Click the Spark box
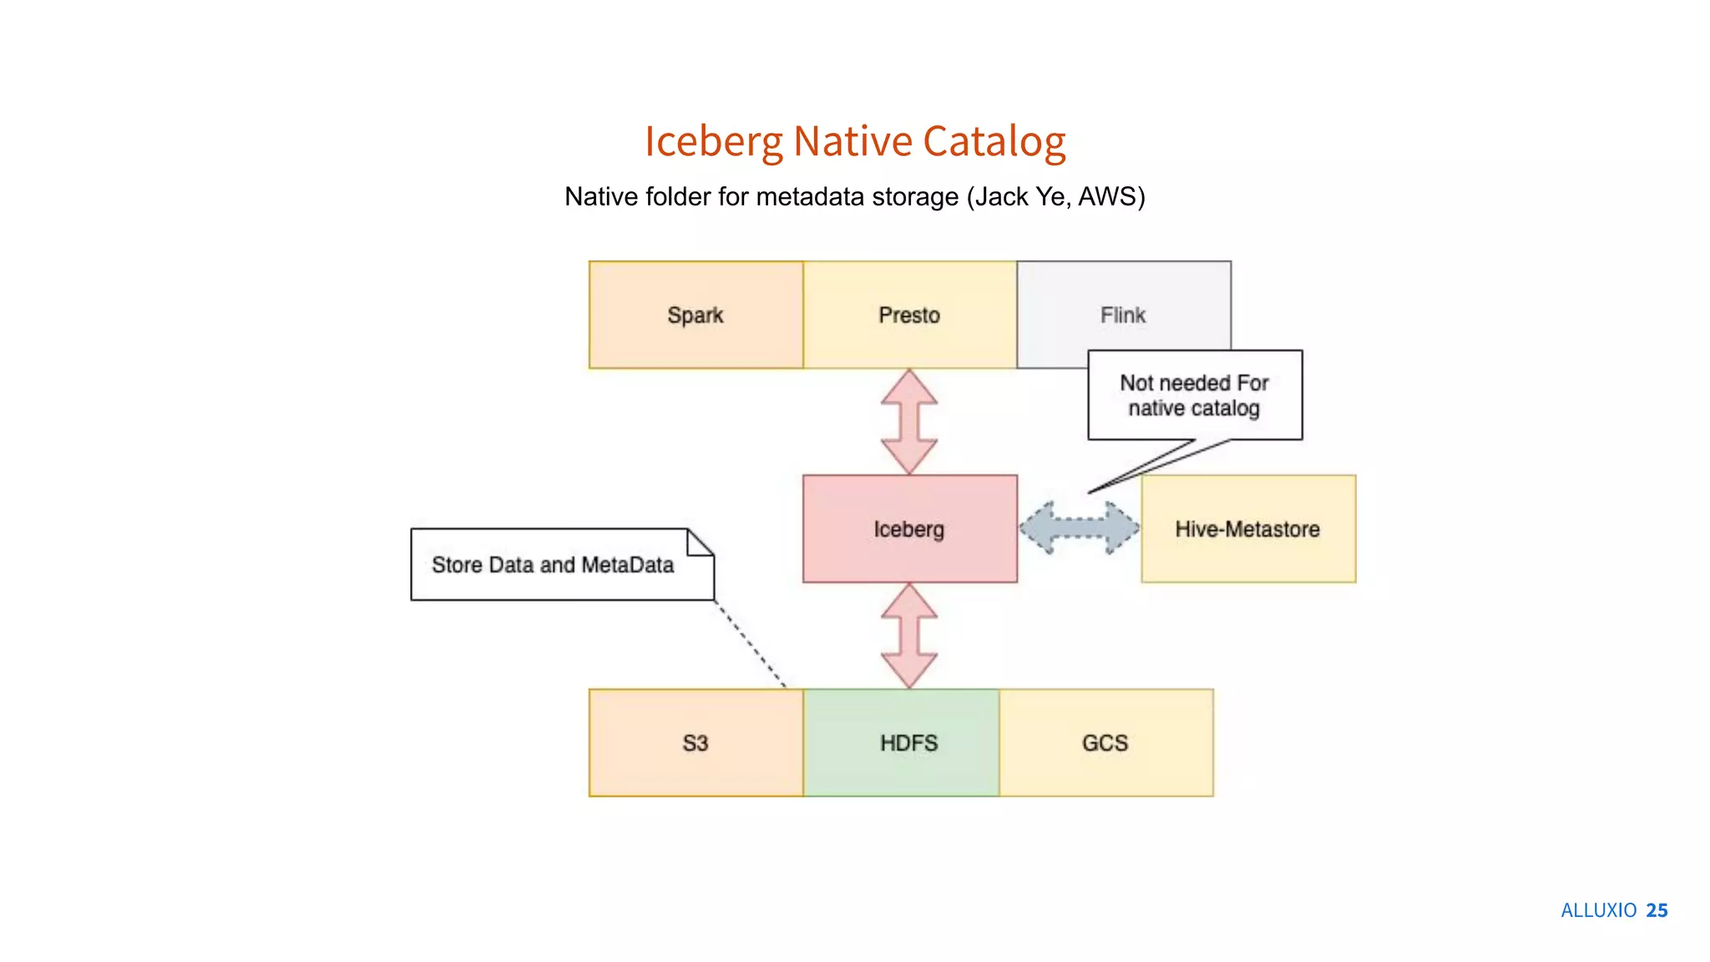(696, 315)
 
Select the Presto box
(909, 315)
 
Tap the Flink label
(1122, 315)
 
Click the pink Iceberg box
(909, 529)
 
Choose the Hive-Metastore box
(1247, 529)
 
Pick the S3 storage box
(696, 742)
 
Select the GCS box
(1105, 742)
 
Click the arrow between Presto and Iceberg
(909, 422)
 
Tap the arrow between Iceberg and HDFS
(909, 635)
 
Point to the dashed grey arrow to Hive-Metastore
(1079, 528)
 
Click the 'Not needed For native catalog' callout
(1194, 395)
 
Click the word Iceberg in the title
(713, 141)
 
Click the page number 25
(1657, 910)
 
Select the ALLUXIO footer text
(1598, 910)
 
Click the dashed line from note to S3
(750, 644)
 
